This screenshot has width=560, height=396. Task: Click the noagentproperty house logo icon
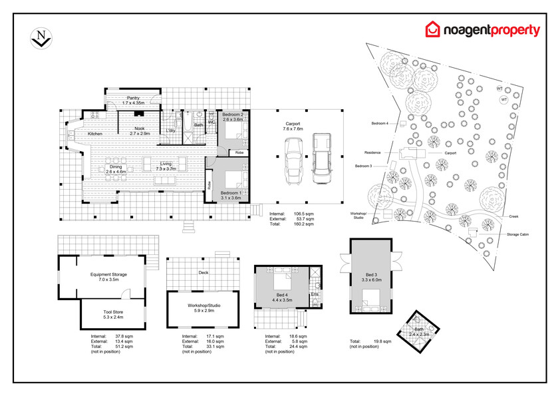pos(432,30)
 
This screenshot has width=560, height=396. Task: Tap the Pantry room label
pos(134,98)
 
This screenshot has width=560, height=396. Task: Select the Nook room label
pos(139,128)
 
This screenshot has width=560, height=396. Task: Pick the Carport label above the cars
pos(294,124)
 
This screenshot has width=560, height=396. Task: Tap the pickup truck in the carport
pos(321,158)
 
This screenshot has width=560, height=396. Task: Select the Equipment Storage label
pos(108,274)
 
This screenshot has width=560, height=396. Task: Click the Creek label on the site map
pos(513,216)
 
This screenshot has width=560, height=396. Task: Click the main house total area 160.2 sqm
pos(304,224)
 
